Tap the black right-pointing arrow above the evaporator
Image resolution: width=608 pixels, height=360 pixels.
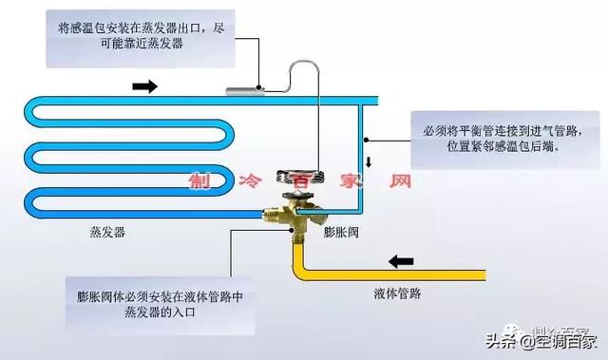(143, 85)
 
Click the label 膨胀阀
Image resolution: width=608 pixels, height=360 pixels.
(339, 232)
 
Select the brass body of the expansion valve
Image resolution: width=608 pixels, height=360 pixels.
(291, 213)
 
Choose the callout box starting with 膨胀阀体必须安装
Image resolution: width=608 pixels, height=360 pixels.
(160, 305)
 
